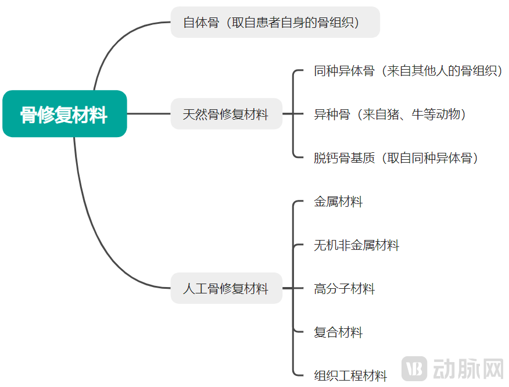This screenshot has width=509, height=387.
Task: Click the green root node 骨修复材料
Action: tap(64, 114)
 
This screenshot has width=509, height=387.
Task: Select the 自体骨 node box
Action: tap(275, 22)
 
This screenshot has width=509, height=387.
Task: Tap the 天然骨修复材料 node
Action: tap(226, 114)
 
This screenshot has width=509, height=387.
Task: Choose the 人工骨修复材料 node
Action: tap(226, 288)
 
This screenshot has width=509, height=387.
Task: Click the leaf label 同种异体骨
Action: tap(345, 70)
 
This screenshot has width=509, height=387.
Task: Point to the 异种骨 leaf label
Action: tap(332, 114)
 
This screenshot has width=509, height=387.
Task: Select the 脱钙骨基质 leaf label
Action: tap(345, 158)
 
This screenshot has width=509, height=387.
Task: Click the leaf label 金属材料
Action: tap(338, 201)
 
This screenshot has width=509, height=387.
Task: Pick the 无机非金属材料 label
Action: tap(356, 245)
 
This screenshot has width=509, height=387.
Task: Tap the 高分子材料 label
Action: tap(345, 288)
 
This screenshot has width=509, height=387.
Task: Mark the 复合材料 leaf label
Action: tap(338, 332)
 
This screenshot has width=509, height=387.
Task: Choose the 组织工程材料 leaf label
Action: tap(350, 375)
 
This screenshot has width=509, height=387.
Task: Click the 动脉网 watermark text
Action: tap(468, 368)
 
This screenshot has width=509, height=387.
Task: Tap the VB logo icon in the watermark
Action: tap(414, 368)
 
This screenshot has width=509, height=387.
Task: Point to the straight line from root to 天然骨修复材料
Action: tap(149, 114)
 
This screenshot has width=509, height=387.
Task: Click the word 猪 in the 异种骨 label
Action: tap(393, 114)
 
